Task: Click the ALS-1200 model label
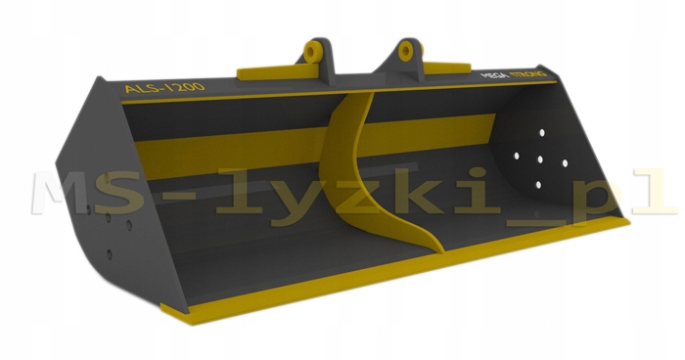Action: pyautogui.click(x=164, y=87)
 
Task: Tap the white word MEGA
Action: pyautogui.click(x=494, y=75)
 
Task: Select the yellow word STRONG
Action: pyautogui.click(x=528, y=73)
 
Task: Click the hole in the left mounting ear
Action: pyautogui.click(x=311, y=53)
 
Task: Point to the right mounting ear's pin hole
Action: pyautogui.click(x=406, y=50)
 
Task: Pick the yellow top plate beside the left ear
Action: pyautogui.click(x=278, y=71)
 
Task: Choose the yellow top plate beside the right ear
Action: pyautogui.click(x=447, y=67)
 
